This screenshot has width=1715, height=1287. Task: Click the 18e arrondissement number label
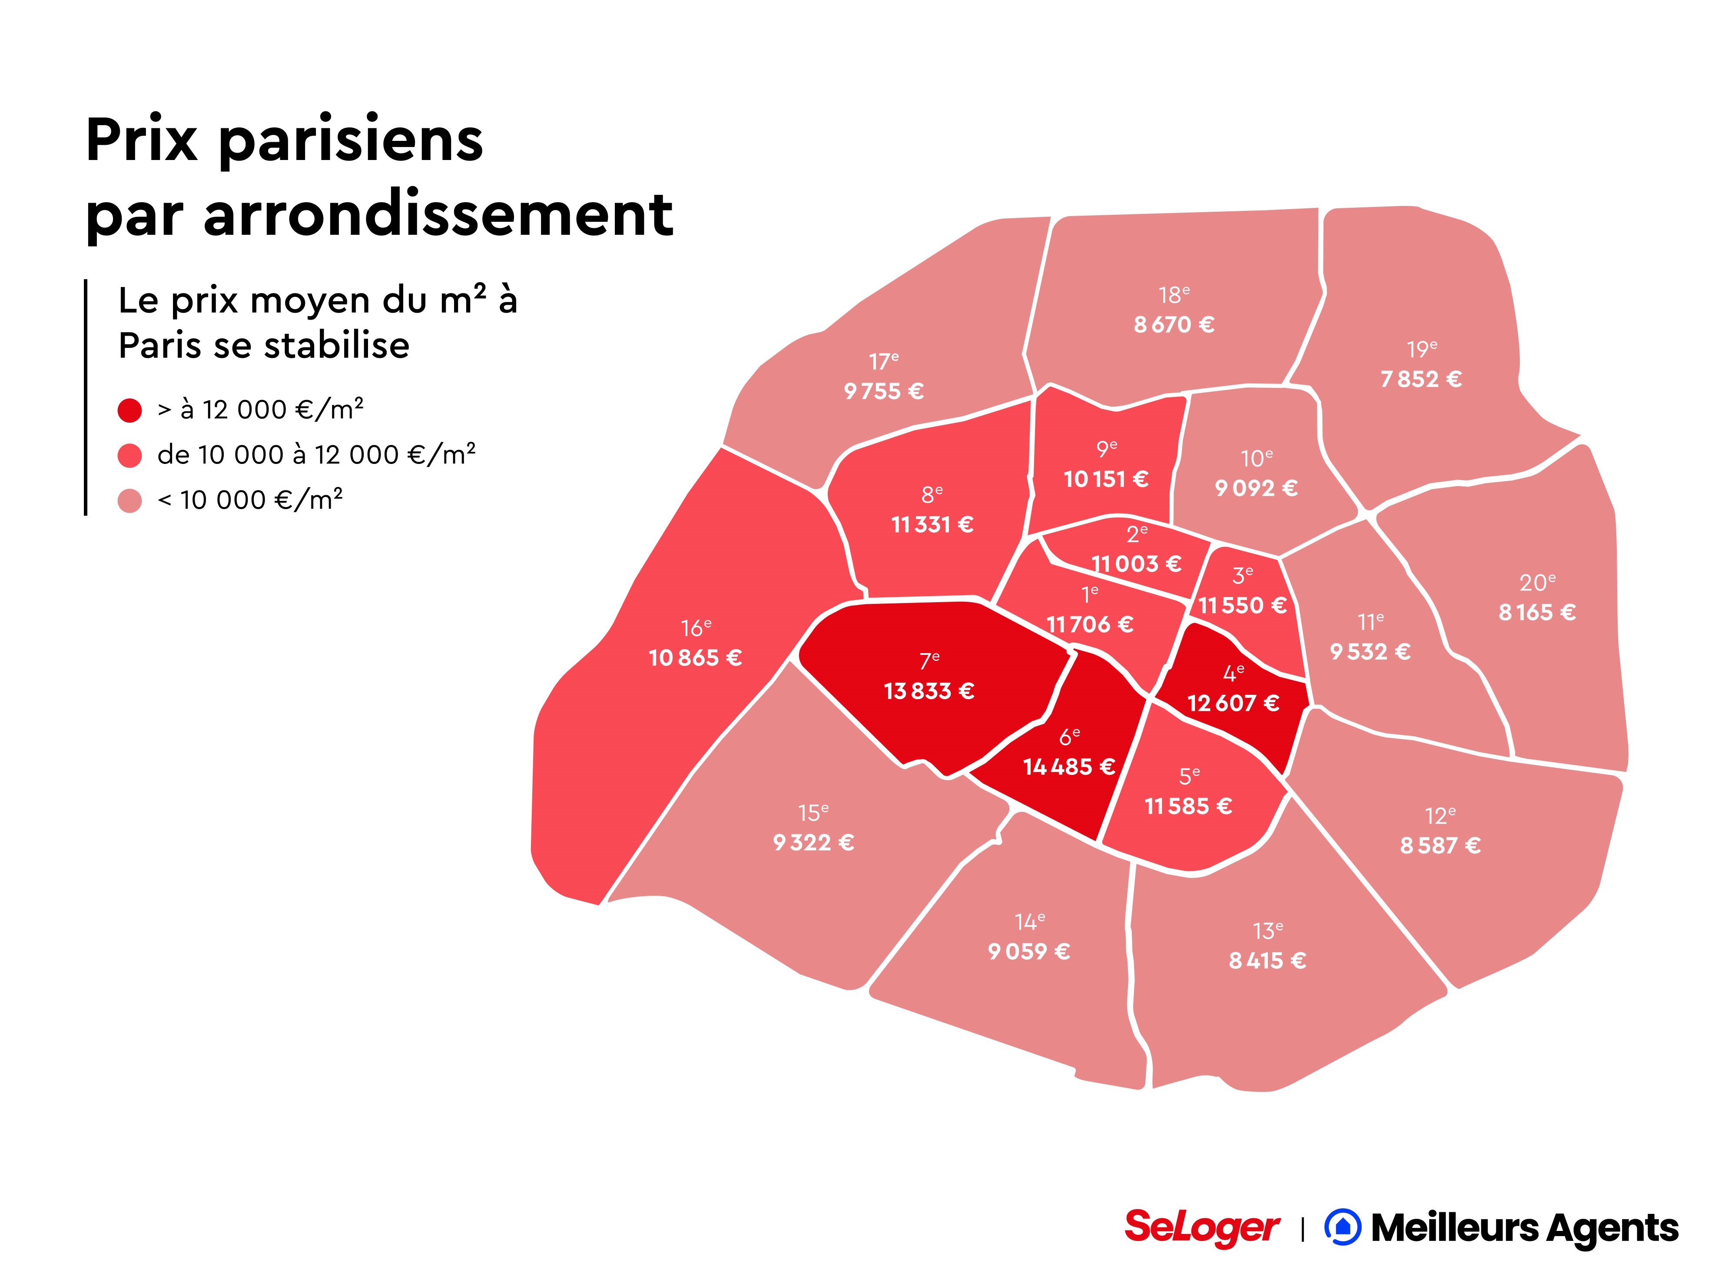(1174, 295)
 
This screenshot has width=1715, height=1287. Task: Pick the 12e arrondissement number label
(1440, 816)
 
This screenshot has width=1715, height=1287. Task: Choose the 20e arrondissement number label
(1537, 582)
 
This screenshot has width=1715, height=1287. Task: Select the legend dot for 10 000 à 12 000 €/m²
(129, 455)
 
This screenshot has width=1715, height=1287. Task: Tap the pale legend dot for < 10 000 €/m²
(129, 500)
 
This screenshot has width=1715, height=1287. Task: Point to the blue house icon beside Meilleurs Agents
(1342, 1227)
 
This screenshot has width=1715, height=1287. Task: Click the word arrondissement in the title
(438, 215)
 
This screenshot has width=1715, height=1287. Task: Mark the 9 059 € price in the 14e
(1029, 951)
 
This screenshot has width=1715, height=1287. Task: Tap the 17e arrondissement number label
(883, 361)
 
